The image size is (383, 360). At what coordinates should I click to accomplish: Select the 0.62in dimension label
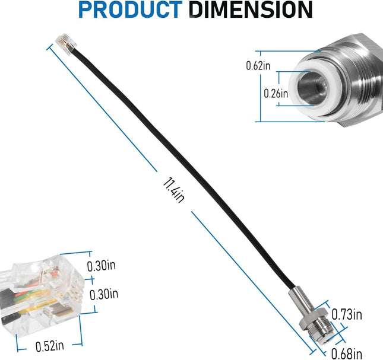258,66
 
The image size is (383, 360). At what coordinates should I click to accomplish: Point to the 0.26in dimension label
276,93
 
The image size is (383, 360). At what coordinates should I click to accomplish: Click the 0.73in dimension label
347,313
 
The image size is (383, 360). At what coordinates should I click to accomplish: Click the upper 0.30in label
102,266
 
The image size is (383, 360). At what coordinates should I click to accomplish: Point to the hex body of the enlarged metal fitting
362,83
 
